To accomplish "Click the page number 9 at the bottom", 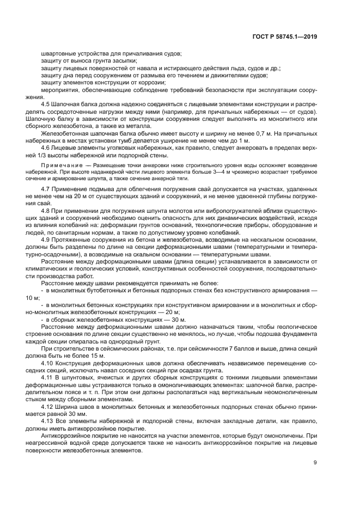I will pos(315,463).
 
